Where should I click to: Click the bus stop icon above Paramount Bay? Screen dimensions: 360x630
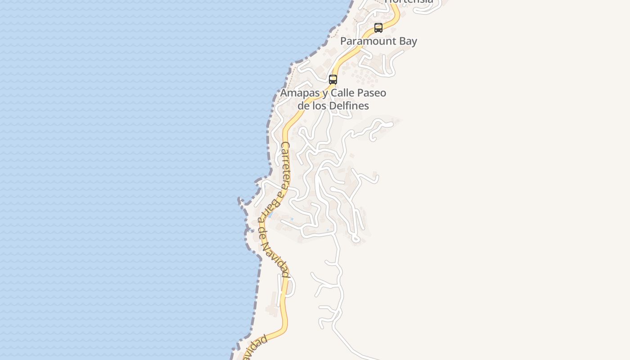click(x=378, y=28)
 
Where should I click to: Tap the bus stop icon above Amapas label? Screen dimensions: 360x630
click(x=333, y=80)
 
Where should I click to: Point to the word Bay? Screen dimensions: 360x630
click(x=406, y=41)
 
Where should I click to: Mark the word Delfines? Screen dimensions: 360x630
click(x=350, y=106)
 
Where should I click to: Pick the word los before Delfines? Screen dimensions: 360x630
click(x=320, y=106)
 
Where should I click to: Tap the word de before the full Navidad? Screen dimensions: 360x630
click(x=264, y=234)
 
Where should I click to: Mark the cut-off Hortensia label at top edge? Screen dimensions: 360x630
click(x=409, y=2)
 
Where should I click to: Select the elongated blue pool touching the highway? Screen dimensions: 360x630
click(x=270, y=215)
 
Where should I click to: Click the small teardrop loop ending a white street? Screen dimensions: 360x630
click(x=356, y=239)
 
